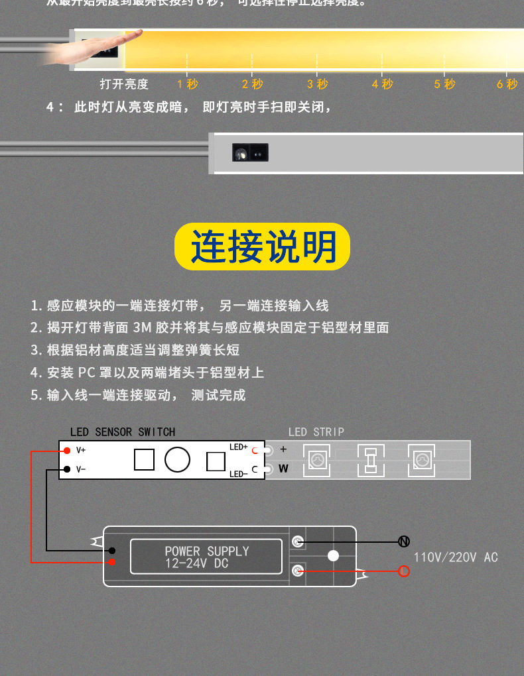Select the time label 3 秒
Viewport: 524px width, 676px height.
pyautogui.click(x=318, y=84)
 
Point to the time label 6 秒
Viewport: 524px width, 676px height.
pyautogui.click(x=507, y=84)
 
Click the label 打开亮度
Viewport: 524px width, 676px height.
pyautogui.click(x=124, y=84)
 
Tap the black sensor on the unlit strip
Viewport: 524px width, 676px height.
pyautogui.click(x=250, y=153)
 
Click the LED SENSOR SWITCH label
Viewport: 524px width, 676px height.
pyautogui.click(x=123, y=432)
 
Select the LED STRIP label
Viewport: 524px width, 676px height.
pyautogui.click(x=316, y=432)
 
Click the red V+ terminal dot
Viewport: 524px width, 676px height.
pyautogui.click(x=67, y=451)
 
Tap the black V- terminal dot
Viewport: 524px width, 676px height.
pyautogui.click(x=67, y=470)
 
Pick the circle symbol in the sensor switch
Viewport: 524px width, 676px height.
pyautogui.click(x=177, y=459)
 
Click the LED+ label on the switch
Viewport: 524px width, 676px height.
pyautogui.click(x=238, y=447)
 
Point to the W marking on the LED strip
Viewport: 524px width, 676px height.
pyautogui.click(x=283, y=469)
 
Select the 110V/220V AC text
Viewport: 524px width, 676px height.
pyautogui.click(x=456, y=557)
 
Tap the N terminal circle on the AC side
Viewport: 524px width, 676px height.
pyautogui.click(x=403, y=541)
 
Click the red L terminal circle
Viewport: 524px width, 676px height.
pyautogui.click(x=403, y=571)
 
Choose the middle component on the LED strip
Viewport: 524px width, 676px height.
pyautogui.click(x=371, y=459)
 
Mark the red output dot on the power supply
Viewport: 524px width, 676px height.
pyautogui.click(x=113, y=562)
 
